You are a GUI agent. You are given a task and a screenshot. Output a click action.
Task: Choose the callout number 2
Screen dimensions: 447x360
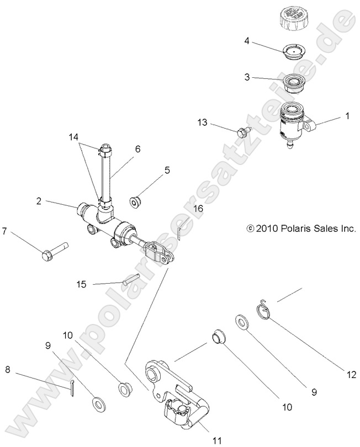(39, 202)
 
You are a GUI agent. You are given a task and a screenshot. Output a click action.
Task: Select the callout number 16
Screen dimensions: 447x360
(198, 209)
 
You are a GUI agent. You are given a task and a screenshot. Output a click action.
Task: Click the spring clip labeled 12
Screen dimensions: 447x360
(265, 312)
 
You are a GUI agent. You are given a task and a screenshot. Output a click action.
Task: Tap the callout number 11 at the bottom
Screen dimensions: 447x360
(217, 440)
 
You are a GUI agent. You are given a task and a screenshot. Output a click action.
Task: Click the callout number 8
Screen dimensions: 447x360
(8, 370)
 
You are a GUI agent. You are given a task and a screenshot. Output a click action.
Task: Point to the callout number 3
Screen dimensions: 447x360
(247, 78)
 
